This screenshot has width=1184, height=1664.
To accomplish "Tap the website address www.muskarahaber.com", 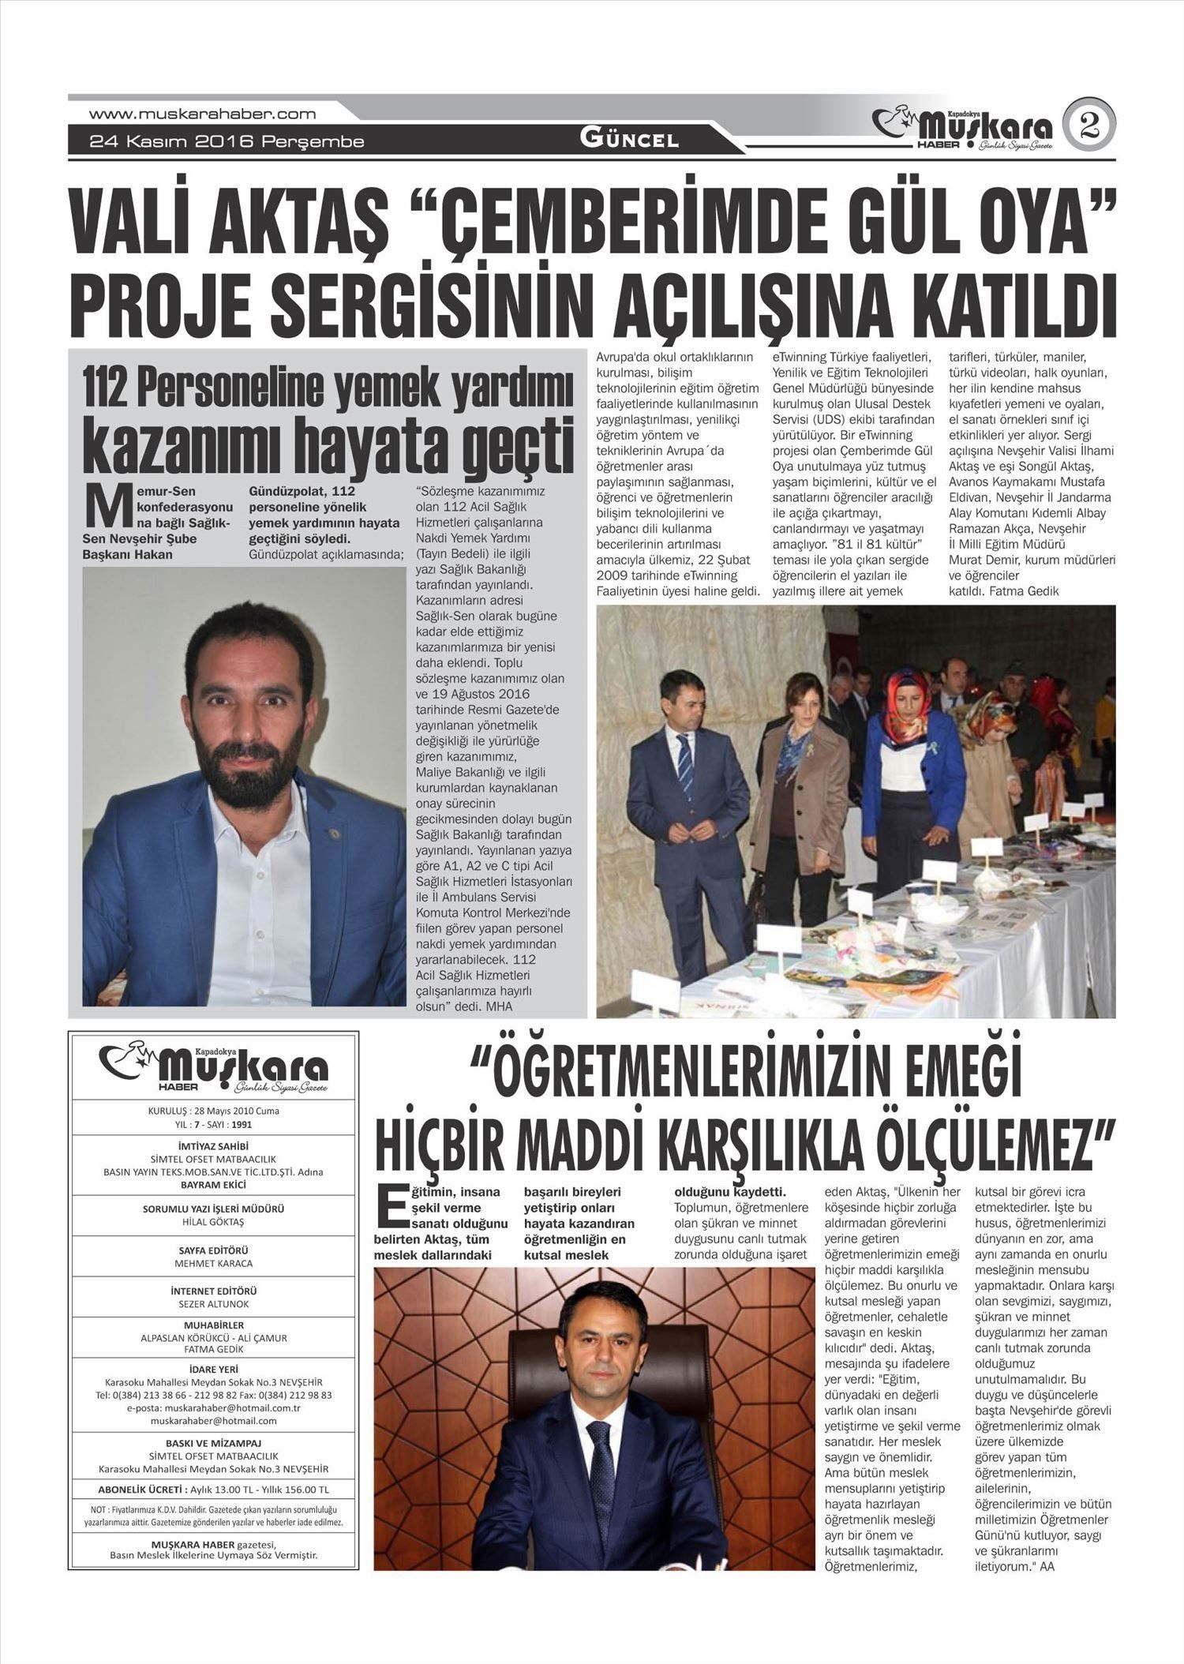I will coord(203,114).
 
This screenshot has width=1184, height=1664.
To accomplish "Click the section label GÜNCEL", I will coord(629,140).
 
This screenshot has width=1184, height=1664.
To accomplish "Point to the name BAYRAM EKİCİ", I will coord(214,1185).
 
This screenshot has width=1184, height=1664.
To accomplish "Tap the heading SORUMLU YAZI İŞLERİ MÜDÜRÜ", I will coord(214,1209).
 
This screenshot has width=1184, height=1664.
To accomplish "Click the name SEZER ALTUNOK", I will coord(214,1304).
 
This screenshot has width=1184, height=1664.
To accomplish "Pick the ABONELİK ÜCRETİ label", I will coord(141,1490).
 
